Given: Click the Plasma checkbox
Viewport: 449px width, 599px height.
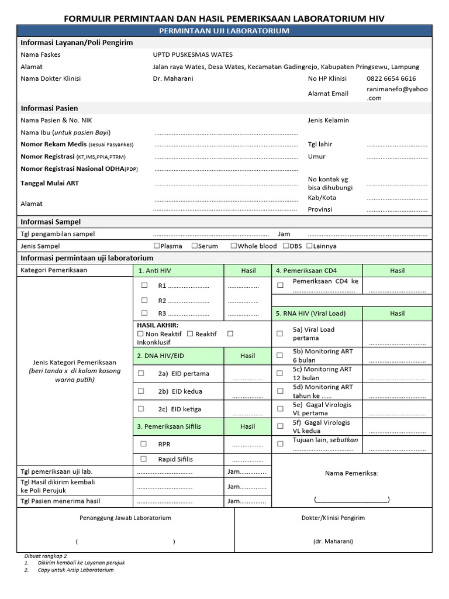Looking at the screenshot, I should [157, 246].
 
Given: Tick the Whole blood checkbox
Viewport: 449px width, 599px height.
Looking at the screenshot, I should [234, 246].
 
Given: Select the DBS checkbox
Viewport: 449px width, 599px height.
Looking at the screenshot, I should [286, 246].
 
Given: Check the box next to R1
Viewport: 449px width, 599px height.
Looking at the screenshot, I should [144, 286].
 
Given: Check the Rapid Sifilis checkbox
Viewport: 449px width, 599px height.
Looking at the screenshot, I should [144, 459].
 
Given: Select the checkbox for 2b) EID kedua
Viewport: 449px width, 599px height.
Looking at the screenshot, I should [141, 391].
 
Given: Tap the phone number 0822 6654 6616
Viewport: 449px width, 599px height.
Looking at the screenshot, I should [391, 78].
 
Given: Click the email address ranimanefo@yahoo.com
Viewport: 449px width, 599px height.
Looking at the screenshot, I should [397, 94].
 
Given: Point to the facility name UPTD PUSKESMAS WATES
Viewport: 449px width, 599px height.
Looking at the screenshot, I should [192, 54].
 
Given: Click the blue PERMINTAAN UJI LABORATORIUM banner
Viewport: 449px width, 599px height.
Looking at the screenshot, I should [224, 30].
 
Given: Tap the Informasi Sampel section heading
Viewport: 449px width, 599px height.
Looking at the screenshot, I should [51, 222].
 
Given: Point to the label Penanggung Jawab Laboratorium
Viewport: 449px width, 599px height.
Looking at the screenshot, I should [125, 518].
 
